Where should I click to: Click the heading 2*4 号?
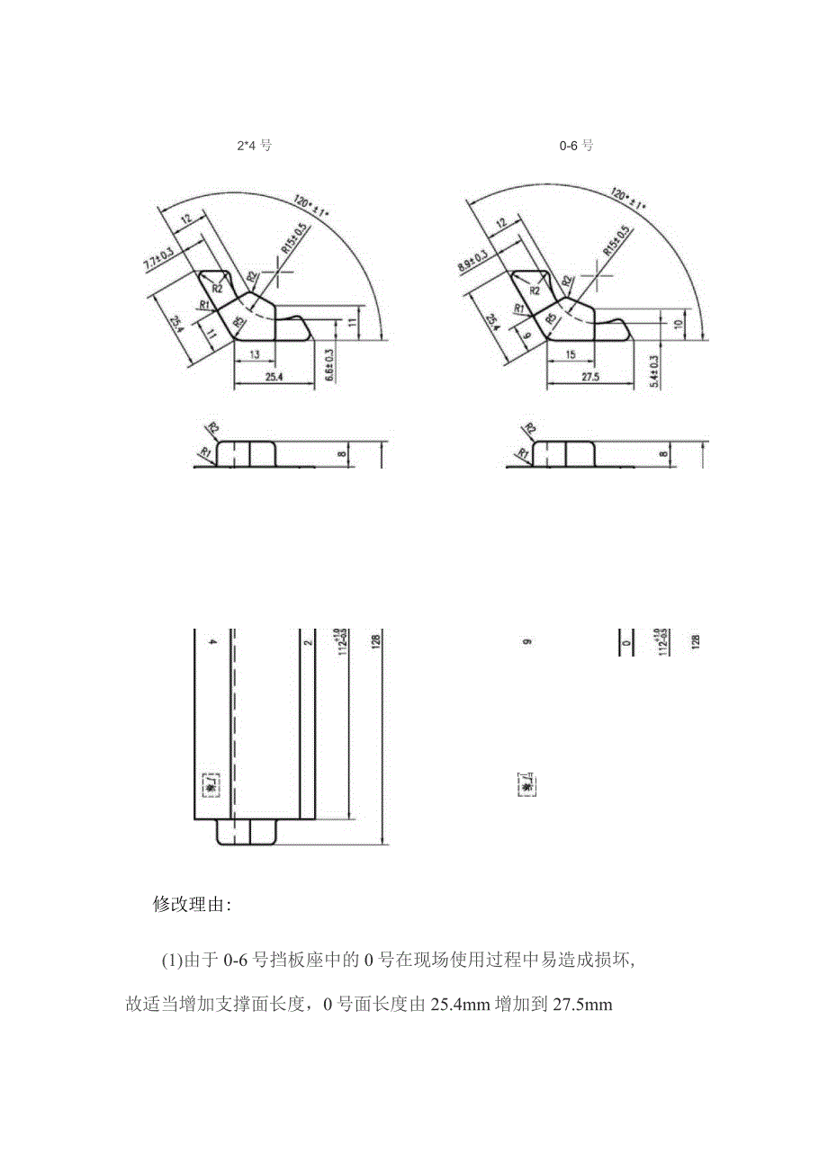[252, 145]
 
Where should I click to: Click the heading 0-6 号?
[577, 145]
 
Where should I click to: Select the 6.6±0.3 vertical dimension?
[329, 365]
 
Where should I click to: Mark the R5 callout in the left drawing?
[238, 320]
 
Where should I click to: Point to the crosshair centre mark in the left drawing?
[280, 268]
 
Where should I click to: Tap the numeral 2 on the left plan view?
[308, 642]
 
